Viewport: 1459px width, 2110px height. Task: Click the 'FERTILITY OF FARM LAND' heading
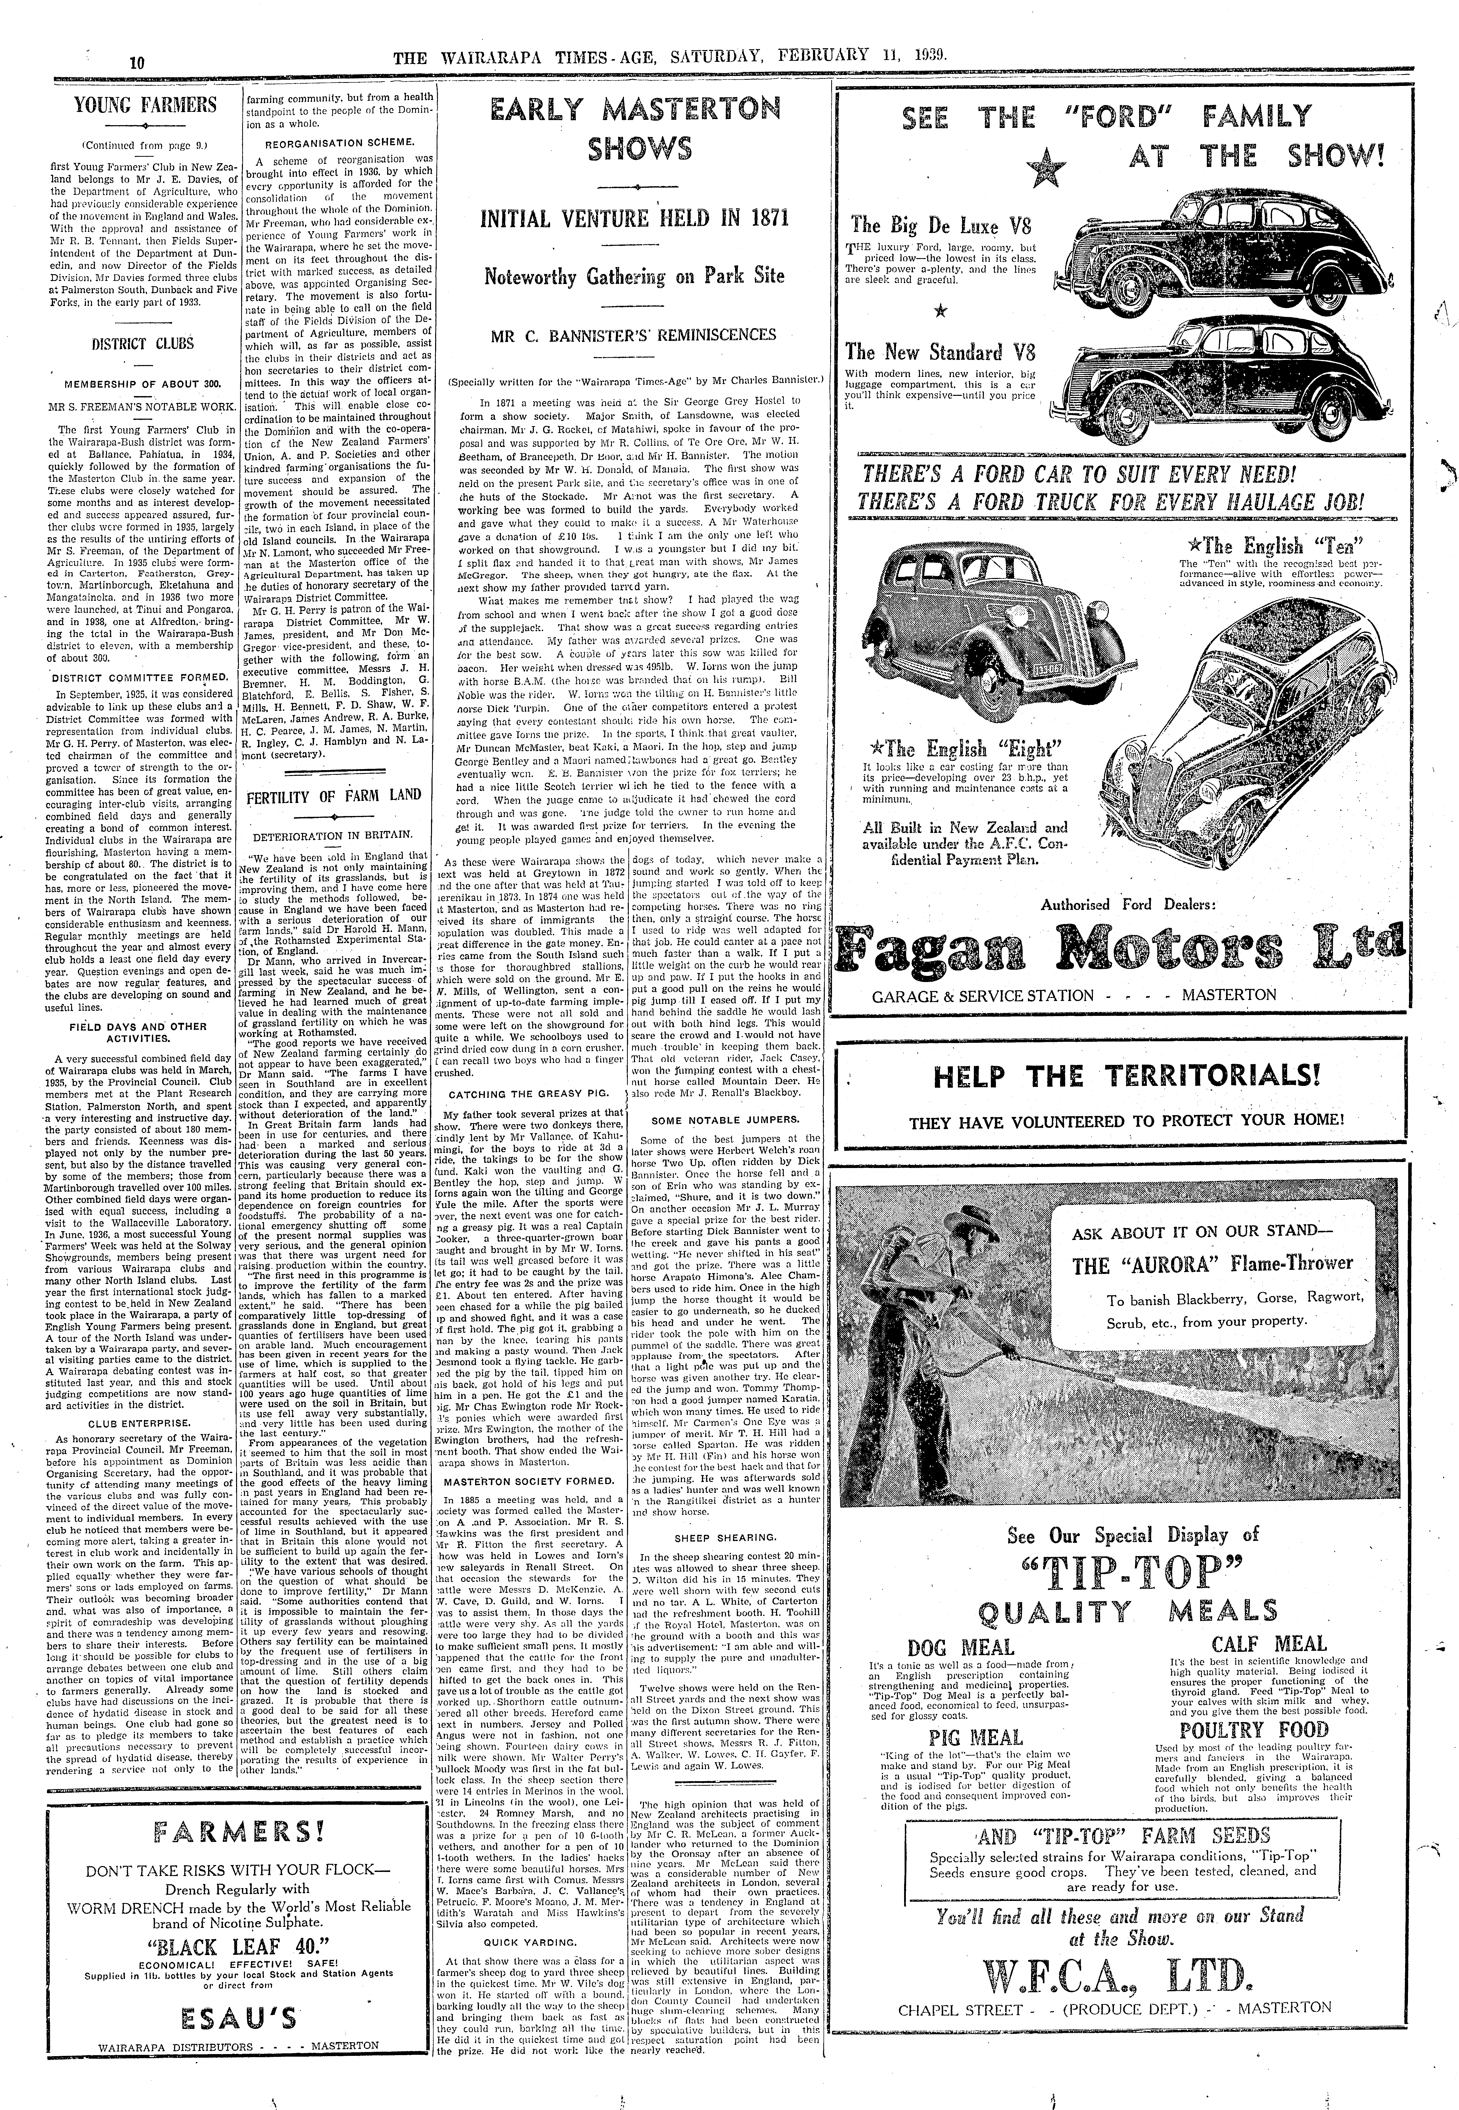point(334,796)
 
